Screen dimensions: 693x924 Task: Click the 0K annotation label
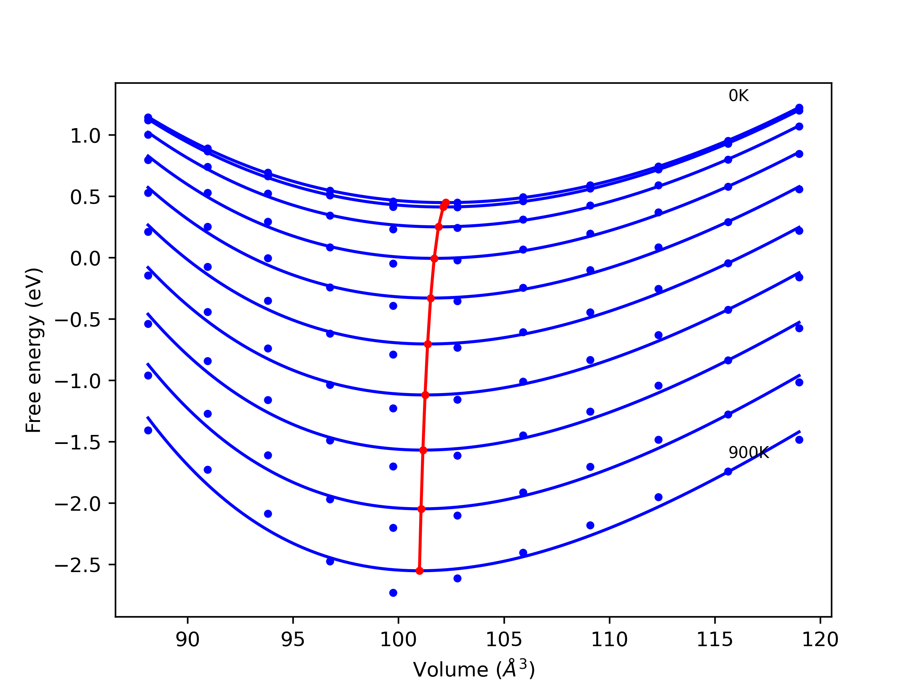click(738, 96)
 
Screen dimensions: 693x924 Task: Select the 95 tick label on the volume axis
click(293, 640)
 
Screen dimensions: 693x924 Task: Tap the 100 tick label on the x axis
click(398, 640)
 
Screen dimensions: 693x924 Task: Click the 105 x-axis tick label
click(504, 640)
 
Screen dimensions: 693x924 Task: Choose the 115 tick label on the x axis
click(715, 640)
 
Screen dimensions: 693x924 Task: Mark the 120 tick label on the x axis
click(820, 640)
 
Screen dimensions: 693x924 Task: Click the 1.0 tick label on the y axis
click(85, 136)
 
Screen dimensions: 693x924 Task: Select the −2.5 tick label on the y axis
click(78, 566)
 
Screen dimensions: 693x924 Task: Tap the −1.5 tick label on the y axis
click(78, 443)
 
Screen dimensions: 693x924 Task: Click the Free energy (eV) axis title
click(34, 350)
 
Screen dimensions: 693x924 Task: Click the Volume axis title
click(474, 670)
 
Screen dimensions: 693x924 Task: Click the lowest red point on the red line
click(419, 571)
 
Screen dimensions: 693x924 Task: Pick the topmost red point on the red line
click(446, 202)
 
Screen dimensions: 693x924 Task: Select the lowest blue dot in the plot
click(393, 593)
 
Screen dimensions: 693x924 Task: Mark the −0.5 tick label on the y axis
click(78, 321)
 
